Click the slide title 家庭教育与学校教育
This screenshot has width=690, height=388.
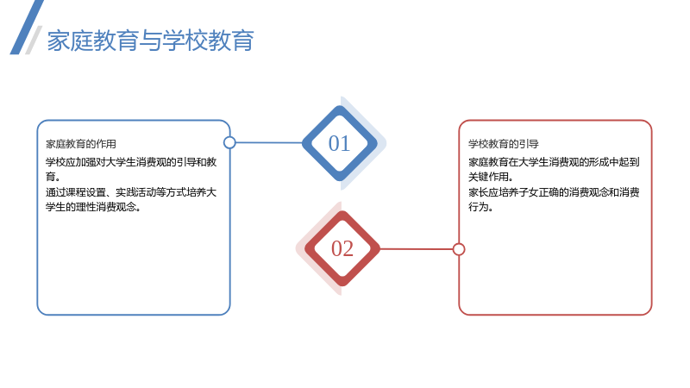(150, 41)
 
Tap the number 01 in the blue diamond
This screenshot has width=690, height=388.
(339, 143)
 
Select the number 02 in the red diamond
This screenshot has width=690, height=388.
(342, 248)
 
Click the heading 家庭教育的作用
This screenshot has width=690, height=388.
(81, 144)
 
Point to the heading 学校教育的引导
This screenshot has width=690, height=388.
(504, 144)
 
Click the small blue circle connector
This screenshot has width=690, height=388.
(229, 142)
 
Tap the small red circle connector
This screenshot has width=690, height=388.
(459, 249)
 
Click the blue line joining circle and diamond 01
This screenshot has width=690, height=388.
(269, 142)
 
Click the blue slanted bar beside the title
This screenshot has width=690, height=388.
(27, 28)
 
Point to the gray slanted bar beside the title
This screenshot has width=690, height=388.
(34, 40)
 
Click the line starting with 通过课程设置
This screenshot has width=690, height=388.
(131, 192)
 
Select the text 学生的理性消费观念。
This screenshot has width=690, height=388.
(93, 207)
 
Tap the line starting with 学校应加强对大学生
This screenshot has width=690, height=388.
(131, 162)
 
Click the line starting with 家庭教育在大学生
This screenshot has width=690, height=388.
(554, 162)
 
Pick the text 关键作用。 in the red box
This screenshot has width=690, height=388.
(491, 177)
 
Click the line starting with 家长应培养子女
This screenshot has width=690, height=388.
(554, 192)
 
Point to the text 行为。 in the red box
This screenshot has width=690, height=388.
(480, 207)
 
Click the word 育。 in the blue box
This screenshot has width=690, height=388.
(53, 177)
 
